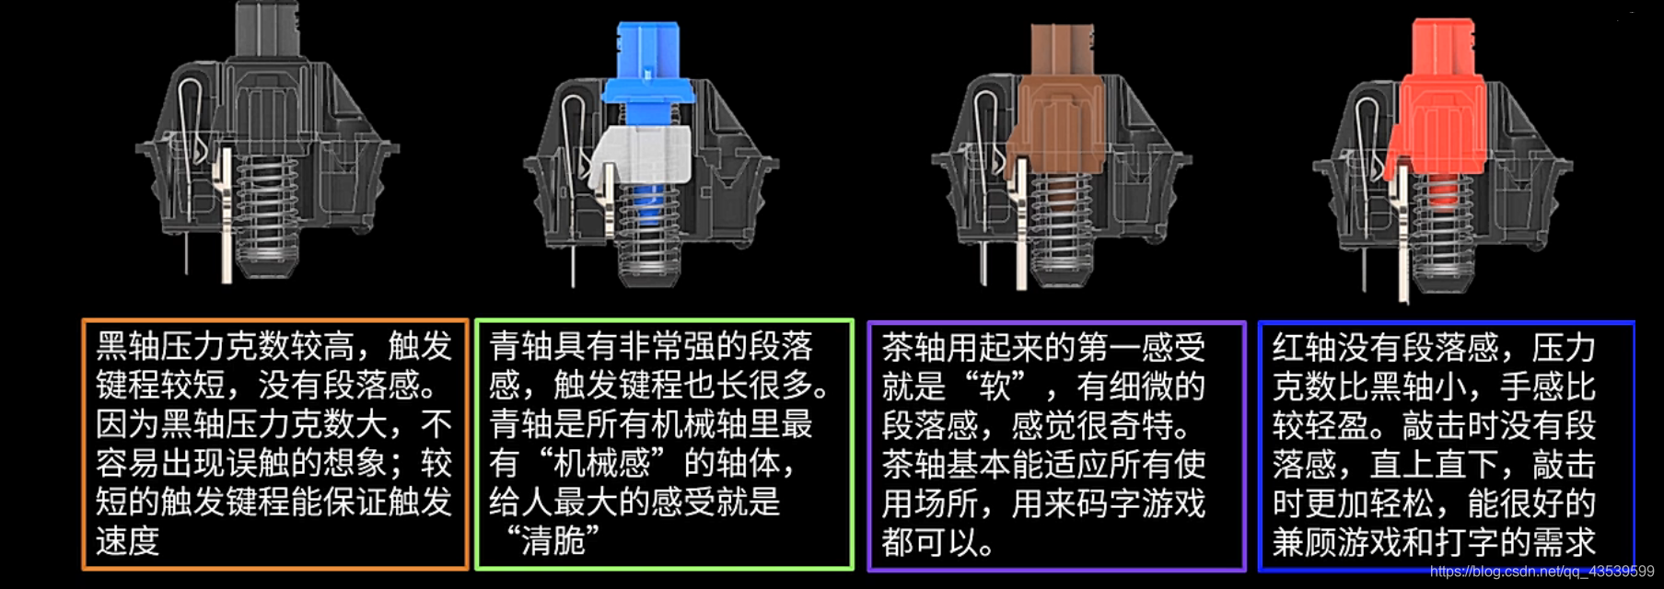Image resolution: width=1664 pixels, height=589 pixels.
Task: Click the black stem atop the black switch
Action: point(267,28)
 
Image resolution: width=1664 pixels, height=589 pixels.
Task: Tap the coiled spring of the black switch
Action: point(267,212)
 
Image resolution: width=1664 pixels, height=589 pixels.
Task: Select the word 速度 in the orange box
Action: point(128,541)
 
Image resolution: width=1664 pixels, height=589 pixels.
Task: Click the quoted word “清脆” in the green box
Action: point(553,541)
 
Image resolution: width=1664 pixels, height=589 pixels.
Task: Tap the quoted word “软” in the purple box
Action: point(995,387)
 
